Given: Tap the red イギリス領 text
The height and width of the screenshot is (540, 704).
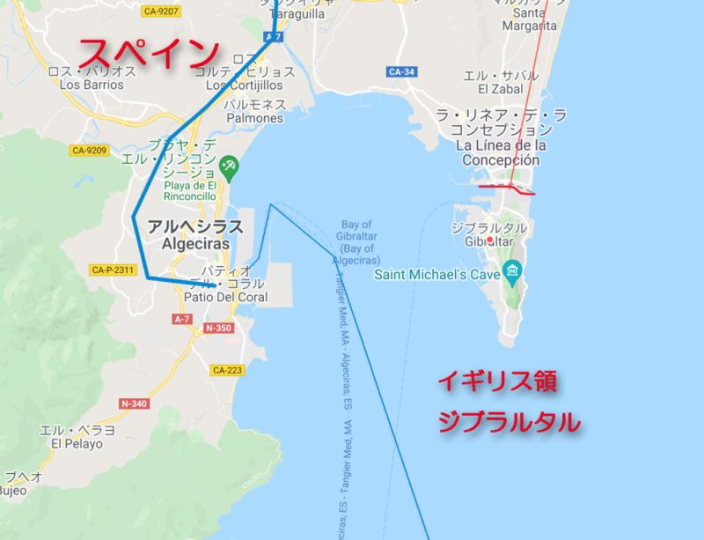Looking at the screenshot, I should (x=498, y=383).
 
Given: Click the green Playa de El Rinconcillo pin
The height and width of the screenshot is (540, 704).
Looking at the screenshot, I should (x=229, y=165).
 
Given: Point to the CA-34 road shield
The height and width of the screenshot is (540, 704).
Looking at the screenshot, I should (x=401, y=71).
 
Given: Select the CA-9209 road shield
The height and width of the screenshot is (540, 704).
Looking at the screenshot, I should (x=89, y=151).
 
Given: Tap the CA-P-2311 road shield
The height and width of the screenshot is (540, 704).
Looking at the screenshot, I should (x=113, y=270).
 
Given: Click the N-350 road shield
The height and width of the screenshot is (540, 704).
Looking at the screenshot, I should (x=219, y=328).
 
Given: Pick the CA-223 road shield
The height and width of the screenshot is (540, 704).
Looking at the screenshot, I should (x=227, y=370).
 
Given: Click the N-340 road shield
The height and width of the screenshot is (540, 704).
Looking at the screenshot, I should (x=135, y=403).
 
